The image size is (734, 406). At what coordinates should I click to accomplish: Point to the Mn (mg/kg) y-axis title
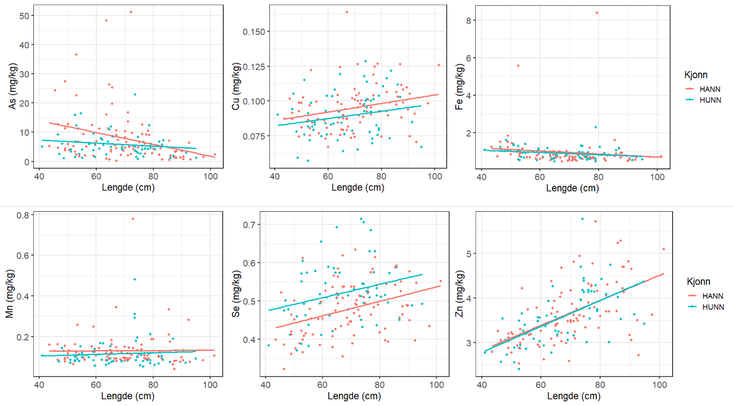pyautogui.click(x=10, y=300)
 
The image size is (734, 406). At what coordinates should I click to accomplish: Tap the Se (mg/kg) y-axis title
pyautogui.click(x=237, y=300)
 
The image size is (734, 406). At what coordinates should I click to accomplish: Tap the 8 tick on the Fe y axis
pyautogui.click(x=469, y=20)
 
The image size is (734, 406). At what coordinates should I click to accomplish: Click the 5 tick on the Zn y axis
pyautogui.click(x=469, y=254)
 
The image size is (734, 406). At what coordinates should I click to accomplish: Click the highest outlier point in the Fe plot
pyautogui.click(x=597, y=13)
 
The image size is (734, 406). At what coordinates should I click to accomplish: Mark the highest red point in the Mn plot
pyautogui.click(x=133, y=219)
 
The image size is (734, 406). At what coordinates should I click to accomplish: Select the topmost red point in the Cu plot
pyautogui.click(x=347, y=12)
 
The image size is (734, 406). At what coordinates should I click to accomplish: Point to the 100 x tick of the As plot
pyautogui.click(x=210, y=176)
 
